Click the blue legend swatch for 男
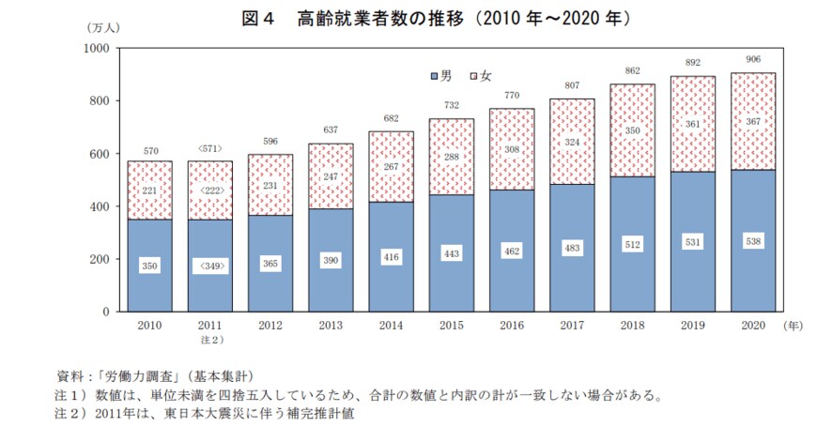point(433,74)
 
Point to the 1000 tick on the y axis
point(97,48)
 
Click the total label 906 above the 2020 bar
point(753,59)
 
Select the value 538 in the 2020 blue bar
point(753,240)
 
